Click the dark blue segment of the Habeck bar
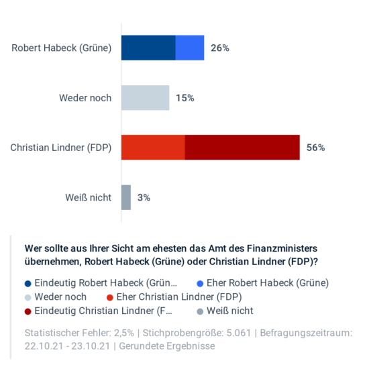click(148, 48)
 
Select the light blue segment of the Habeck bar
click(190, 48)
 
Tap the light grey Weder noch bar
click(145, 98)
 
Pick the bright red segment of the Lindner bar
click(153, 148)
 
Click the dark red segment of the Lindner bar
click(242, 148)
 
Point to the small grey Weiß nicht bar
click(126, 197)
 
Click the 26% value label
click(220, 48)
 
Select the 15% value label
click(185, 98)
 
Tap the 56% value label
click(315, 148)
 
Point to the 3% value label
click(144, 197)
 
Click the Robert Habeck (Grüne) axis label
click(61, 48)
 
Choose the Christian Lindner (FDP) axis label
click(60, 148)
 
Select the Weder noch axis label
click(85, 98)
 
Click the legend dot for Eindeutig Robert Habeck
click(28, 283)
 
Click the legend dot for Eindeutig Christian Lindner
click(28, 311)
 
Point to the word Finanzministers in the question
click(280, 248)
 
